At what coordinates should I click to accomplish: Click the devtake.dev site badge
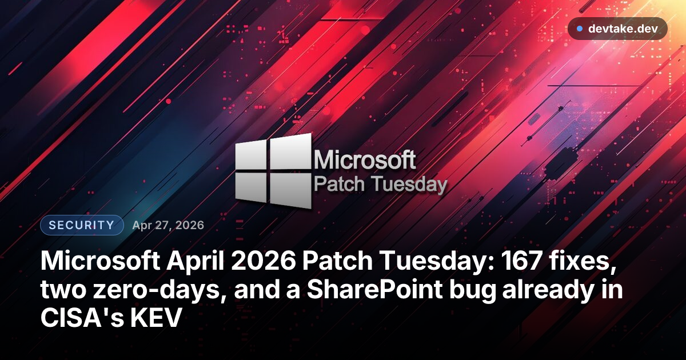point(617,29)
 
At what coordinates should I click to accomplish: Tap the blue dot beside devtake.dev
point(580,29)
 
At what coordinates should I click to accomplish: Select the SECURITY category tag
point(82,225)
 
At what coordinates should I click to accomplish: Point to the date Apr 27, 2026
point(168,225)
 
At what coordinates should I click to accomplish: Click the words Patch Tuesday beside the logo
point(381,185)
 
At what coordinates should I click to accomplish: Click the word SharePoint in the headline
point(366,290)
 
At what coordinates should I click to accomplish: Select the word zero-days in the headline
point(141,290)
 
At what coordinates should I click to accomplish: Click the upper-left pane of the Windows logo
point(251,156)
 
